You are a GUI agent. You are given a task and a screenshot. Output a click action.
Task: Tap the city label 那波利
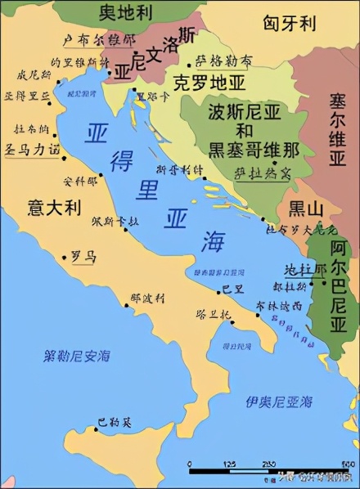coord(148,299)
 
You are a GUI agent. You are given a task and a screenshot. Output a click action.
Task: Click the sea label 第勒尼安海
coord(78,356)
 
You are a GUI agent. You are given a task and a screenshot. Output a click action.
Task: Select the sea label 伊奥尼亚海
coord(279,401)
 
